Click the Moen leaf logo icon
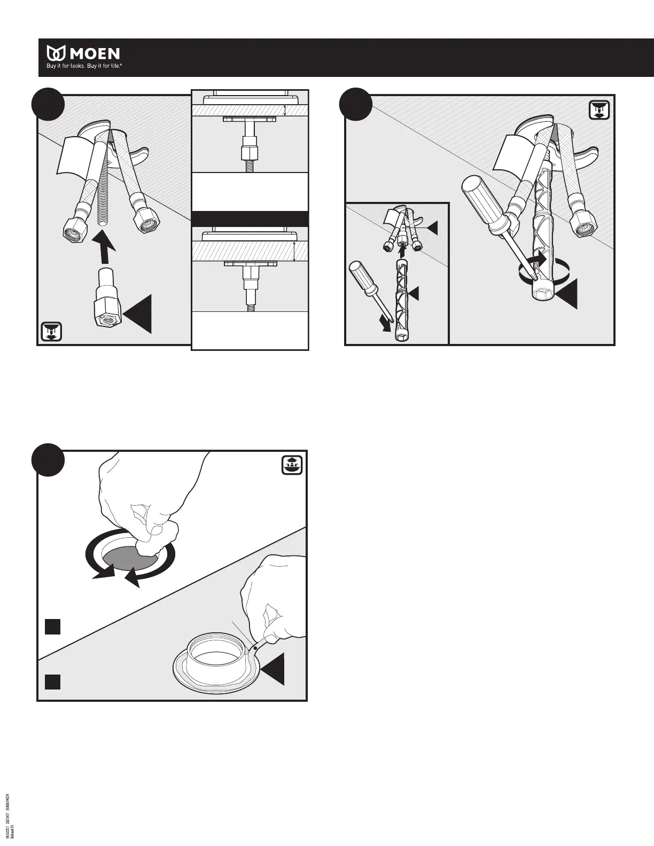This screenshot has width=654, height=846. pyautogui.click(x=57, y=53)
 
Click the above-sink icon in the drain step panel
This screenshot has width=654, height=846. pyautogui.click(x=292, y=464)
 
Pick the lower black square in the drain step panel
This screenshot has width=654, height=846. pyautogui.click(x=52, y=681)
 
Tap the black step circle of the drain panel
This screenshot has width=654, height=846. pyautogui.click(x=49, y=460)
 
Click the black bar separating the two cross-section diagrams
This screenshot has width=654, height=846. pyautogui.click(x=250, y=219)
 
